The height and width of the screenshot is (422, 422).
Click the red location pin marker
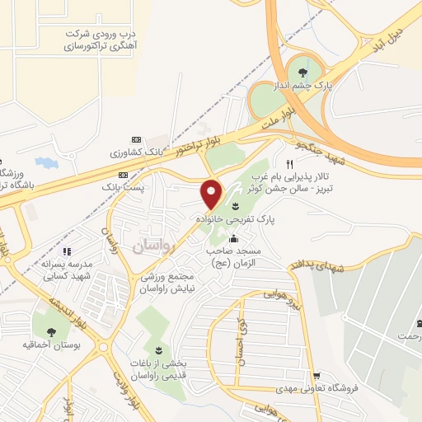click(x=212, y=194)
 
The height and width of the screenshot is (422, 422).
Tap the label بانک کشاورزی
click(x=131, y=153)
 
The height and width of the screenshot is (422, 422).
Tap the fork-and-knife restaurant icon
click(x=289, y=163)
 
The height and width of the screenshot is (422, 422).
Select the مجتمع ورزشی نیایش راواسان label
click(x=184, y=283)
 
